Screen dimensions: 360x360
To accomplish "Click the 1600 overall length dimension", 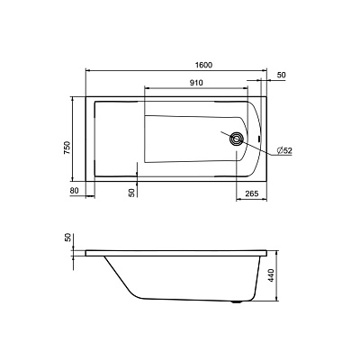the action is pos(204,65).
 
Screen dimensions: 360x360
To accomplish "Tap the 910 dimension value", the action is pos(196,83).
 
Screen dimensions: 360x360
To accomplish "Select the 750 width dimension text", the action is pos(67,148).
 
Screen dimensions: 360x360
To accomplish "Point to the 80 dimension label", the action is pos(74,190).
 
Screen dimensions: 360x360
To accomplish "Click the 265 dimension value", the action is pos(252,193).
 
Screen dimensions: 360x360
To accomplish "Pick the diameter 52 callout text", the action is pos(284,150).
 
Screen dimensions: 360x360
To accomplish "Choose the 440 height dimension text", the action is pos(271,275).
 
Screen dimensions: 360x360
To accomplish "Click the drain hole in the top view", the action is pos(237,139).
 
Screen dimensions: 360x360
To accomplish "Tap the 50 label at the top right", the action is pos(281,75).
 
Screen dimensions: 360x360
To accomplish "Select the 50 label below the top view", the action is pos(131,193).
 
